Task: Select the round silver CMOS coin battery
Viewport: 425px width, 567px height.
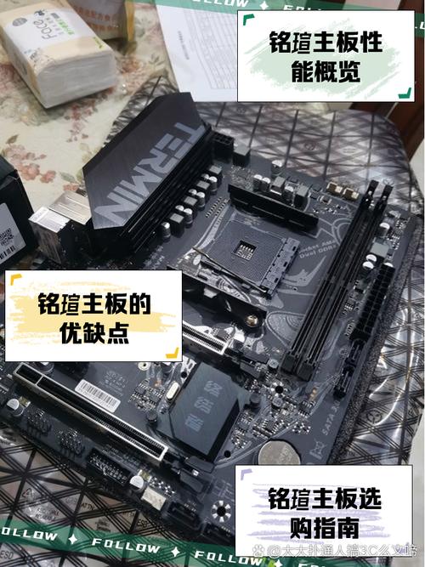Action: point(279,455)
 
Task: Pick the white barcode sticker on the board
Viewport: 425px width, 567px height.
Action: point(99,393)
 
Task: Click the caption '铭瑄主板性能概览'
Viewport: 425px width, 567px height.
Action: point(325,57)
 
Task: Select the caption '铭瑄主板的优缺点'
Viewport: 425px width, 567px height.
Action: point(93,317)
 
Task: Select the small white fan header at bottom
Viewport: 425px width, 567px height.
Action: point(153,499)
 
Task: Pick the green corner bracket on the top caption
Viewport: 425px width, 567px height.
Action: point(246,19)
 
